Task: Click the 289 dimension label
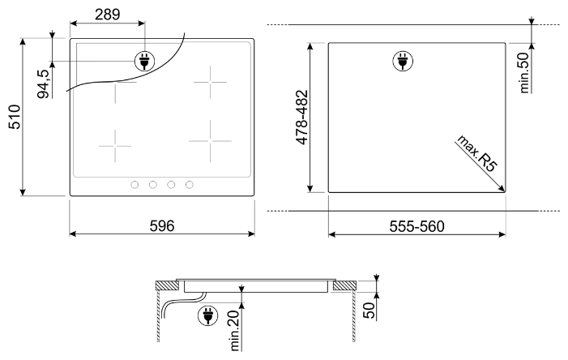tap(107, 15)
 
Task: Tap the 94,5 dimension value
tap(43, 84)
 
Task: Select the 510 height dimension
tap(15, 117)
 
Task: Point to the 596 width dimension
tap(162, 226)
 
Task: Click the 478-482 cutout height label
tap(301, 118)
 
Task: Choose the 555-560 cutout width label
tap(416, 226)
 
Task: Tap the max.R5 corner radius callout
tap(476, 153)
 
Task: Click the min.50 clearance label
tap(523, 72)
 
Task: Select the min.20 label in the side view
tap(234, 331)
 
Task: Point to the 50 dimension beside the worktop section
tap(369, 311)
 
